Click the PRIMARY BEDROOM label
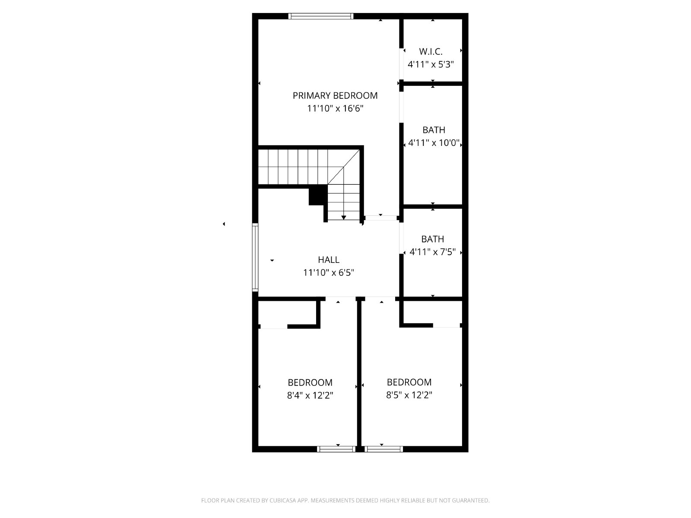tap(335, 95)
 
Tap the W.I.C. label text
tap(431, 51)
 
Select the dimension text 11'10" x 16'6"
tap(335, 108)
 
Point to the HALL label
tap(329, 260)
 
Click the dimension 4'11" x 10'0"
tap(434, 143)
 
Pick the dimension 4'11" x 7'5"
tap(433, 252)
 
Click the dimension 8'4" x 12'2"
tap(310, 395)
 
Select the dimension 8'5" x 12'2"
tap(409, 395)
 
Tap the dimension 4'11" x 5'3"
tap(431, 64)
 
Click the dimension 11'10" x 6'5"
tap(329, 273)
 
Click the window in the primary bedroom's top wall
tap(321, 16)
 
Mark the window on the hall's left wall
tap(255, 257)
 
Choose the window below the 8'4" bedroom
tap(336, 449)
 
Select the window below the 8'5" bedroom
tap(384, 449)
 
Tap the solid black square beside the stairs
tap(318, 195)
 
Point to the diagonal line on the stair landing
tap(343, 167)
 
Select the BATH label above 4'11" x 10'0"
tap(434, 130)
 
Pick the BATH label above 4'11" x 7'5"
tap(433, 239)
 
